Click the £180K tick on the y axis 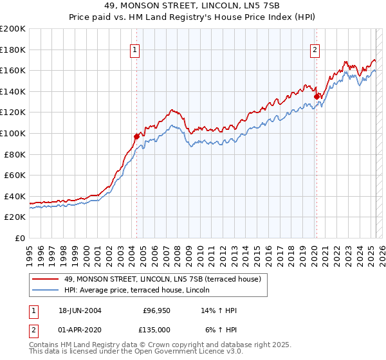click(x=12, y=50)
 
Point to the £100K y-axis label click(x=12, y=133)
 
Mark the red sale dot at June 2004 click(x=136, y=136)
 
